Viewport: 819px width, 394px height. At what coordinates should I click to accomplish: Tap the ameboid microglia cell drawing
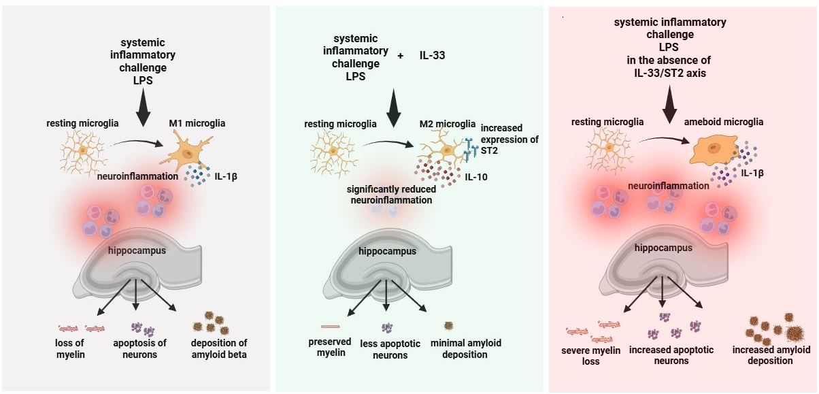pyautogui.click(x=714, y=150)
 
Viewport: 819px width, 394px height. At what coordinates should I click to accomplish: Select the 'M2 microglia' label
pyautogui.click(x=447, y=124)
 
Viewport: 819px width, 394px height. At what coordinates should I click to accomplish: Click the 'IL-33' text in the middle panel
pyautogui.click(x=432, y=55)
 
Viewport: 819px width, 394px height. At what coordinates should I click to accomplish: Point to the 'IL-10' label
pyautogui.click(x=476, y=177)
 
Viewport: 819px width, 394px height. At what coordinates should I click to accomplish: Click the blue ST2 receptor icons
pyautogui.click(x=471, y=149)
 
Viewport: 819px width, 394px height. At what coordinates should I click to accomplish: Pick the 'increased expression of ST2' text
pyautogui.click(x=509, y=139)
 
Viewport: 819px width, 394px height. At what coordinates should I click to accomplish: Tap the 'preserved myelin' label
pyautogui.click(x=330, y=347)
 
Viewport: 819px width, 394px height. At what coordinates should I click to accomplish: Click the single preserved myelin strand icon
pyautogui.click(x=330, y=327)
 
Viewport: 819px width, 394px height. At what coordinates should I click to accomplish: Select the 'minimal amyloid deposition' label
pyautogui.click(x=465, y=348)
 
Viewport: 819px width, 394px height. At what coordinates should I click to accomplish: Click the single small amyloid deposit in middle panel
pyautogui.click(x=448, y=325)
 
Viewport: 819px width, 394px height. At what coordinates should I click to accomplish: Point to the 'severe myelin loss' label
pyautogui.click(x=591, y=356)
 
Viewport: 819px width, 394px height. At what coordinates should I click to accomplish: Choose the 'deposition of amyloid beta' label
pyautogui.click(x=218, y=348)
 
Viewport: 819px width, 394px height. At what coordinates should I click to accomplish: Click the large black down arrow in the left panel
pyautogui.click(x=144, y=108)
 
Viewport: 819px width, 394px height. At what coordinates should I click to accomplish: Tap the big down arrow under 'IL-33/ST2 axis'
pyautogui.click(x=669, y=104)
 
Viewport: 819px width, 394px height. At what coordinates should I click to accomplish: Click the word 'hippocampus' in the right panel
pyautogui.click(x=663, y=248)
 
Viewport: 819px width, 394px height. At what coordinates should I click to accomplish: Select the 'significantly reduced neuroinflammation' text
pyautogui.click(x=391, y=195)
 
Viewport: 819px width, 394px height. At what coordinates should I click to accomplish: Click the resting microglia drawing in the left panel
pyautogui.click(x=84, y=153)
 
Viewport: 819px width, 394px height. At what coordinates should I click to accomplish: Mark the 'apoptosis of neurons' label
pyautogui.click(x=139, y=348)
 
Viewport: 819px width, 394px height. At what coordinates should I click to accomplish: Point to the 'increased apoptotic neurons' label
pyautogui.click(x=671, y=355)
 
